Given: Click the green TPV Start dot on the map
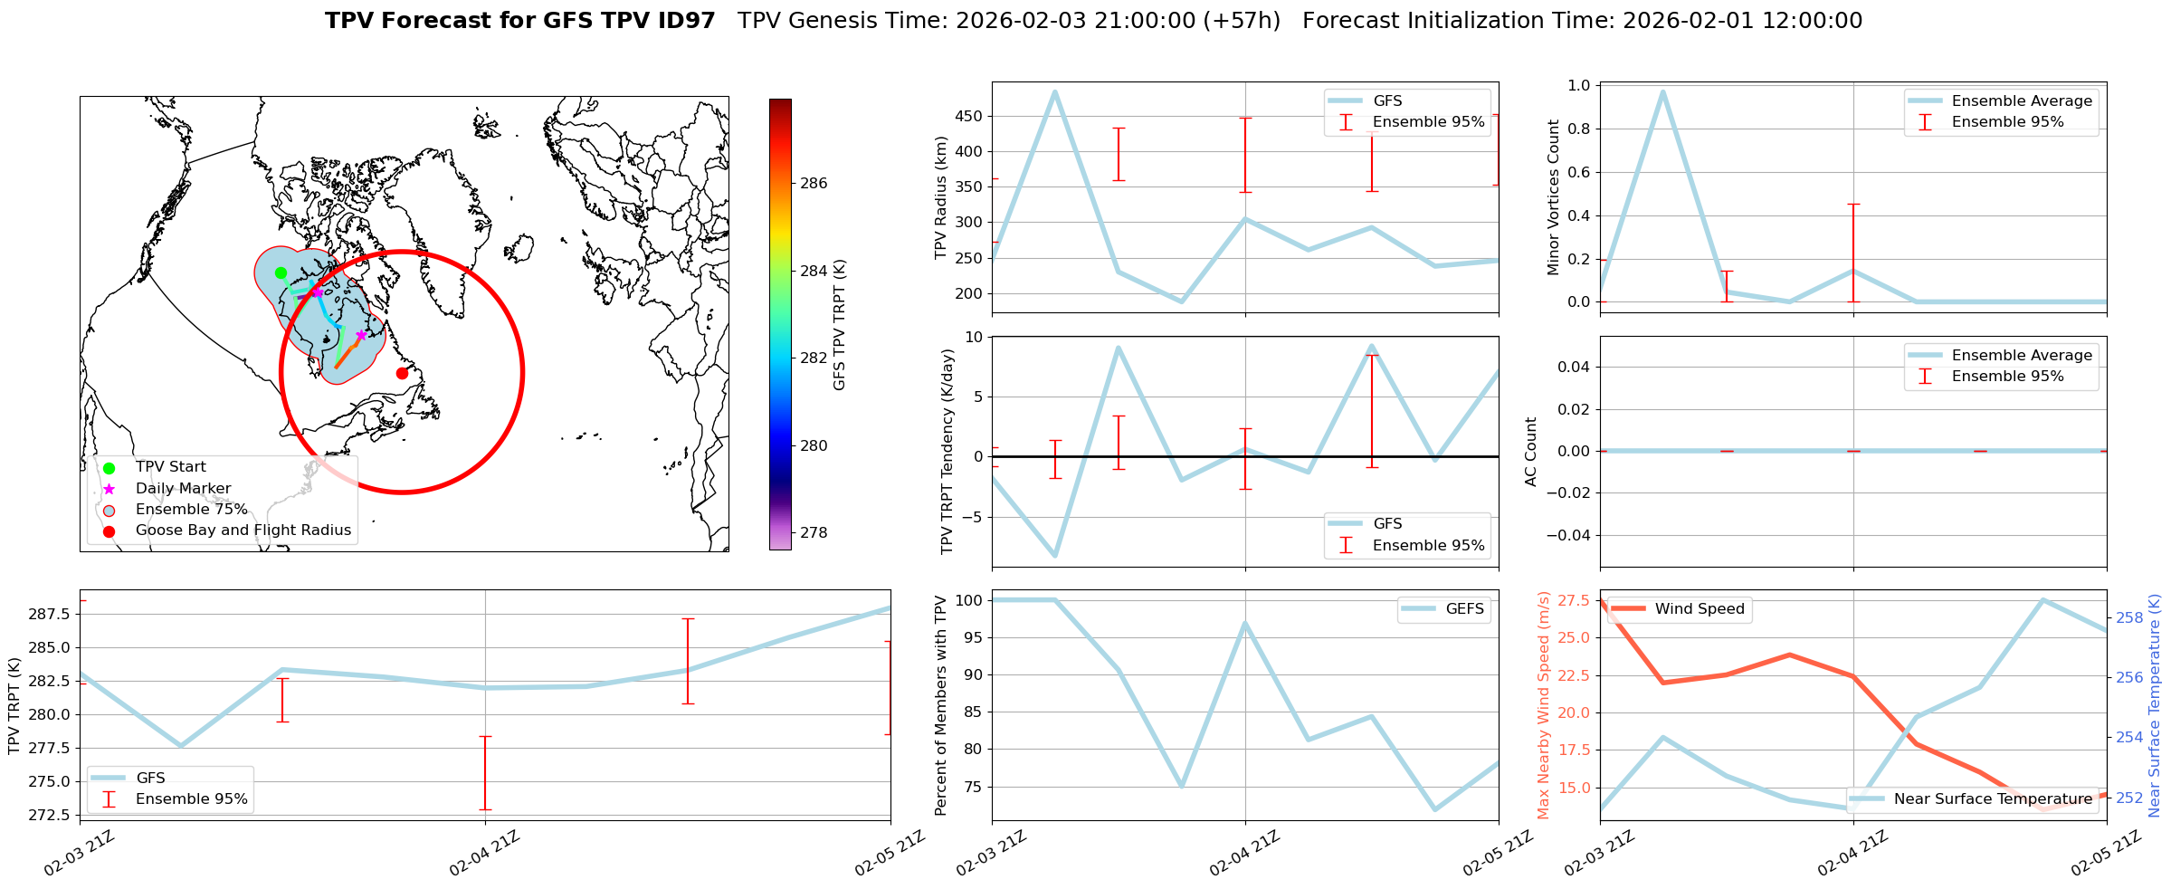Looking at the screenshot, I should pyautogui.click(x=281, y=272).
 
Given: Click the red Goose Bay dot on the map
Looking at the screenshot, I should pyautogui.click(x=402, y=373).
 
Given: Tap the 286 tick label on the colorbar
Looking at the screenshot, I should pyautogui.click(x=814, y=184).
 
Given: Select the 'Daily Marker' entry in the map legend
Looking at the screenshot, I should pyautogui.click(x=183, y=489).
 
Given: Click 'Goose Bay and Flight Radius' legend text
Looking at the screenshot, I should pyautogui.click(x=243, y=531).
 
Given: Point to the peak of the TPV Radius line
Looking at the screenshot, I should pyautogui.click(x=1055, y=91).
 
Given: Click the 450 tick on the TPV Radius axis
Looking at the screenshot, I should pyautogui.click(x=967, y=116).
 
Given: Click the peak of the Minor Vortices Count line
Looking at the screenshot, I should pyautogui.click(x=1662, y=91).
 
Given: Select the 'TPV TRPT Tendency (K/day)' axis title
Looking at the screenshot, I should pyautogui.click(x=947, y=451).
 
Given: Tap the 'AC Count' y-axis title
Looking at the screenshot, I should pyautogui.click(x=1531, y=451).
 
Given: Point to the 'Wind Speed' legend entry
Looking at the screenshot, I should pyautogui.click(x=1699, y=609).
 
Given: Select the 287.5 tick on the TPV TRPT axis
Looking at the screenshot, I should pyautogui.click(x=52, y=615).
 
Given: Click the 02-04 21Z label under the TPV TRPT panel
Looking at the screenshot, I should pyautogui.click(x=484, y=853).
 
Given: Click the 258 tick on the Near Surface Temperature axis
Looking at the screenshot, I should pyautogui.click(x=2128, y=618).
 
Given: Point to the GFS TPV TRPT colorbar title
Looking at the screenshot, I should pyautogui.click(x=840, y=324).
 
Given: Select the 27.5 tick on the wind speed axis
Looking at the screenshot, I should pyautogui.click(x=1574, y=601).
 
